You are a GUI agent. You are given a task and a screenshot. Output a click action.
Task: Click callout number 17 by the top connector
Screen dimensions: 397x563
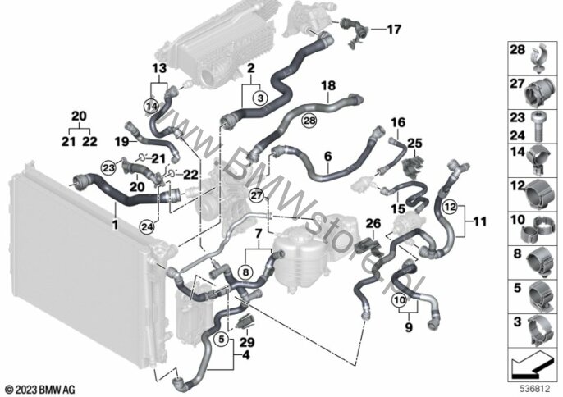pyautogui.click(x=394, y=30)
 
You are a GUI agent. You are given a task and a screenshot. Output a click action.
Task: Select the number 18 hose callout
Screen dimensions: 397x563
pyautogui.click(x=328, y=84)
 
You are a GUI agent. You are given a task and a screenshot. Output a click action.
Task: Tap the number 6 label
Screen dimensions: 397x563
pyautogui.click(x=327, y=154)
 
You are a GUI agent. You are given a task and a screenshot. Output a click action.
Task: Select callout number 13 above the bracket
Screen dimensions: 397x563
pyautogui.click(x=159, y=66)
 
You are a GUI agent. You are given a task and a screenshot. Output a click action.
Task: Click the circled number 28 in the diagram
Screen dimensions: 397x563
pyautogui.click(x=286, y=121)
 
